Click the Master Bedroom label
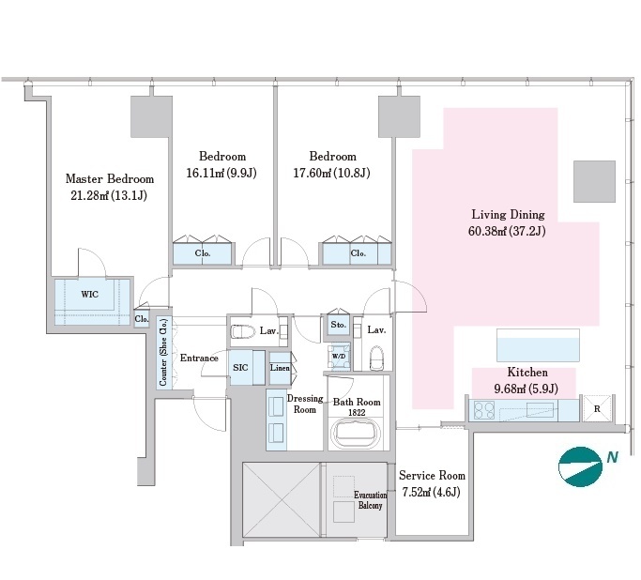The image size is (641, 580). pos(110,179)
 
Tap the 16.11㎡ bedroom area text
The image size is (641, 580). pos(221,173)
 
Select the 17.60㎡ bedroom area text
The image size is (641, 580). pos(331,173)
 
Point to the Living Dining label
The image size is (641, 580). pos(508,215)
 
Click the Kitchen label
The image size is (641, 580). pos(527,372)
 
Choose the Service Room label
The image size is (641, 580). pos(432,476)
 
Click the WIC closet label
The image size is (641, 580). pos(89,295)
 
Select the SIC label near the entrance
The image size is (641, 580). pos(240,368)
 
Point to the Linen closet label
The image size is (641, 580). pos(280,368)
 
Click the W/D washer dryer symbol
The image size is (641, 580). pos(339,356)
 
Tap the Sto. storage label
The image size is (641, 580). pos(338,325)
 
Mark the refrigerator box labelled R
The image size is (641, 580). pos(597,408)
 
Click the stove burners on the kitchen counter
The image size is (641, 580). pos(484,410)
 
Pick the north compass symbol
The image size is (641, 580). pos(580,466)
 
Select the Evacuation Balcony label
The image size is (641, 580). pos(370,500)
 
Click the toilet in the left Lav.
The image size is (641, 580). pos(243,331)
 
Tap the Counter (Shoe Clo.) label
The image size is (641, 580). pos(163,352)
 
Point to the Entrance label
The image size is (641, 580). pos(199,359)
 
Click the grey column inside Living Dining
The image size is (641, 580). pos(594,181)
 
